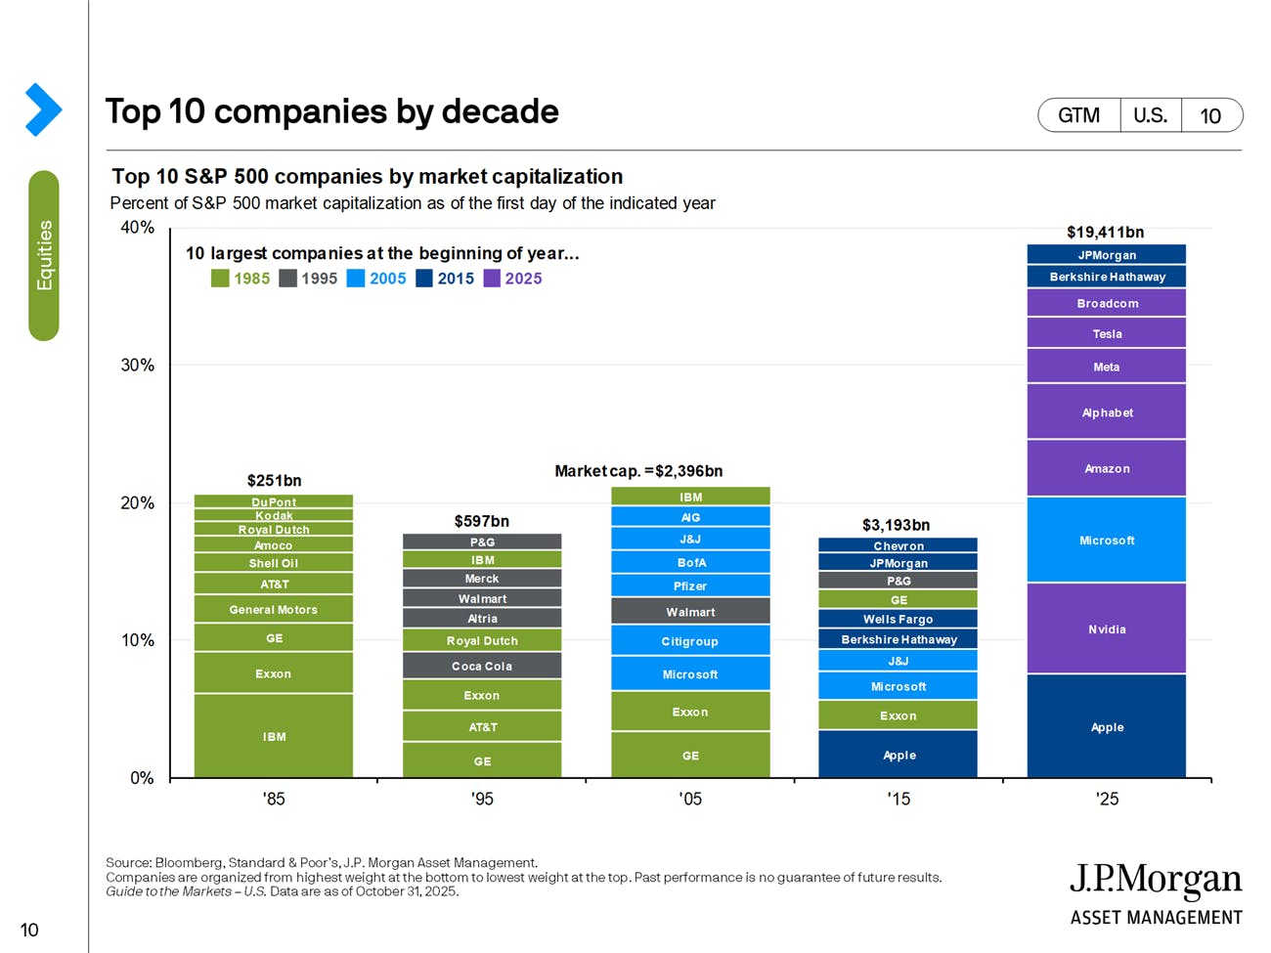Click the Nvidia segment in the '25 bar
coord(1106,628)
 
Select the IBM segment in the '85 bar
coord(274,736)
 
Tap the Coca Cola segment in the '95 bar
coord(482,666)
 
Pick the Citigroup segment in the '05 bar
coord(690,641)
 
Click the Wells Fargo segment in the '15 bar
coord(898,619)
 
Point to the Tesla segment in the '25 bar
coord(1106,333)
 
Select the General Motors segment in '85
coord(274,609)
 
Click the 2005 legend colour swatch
coord(356,279)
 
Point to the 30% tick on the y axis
coord(137,366)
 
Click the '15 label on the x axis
coord(898,799)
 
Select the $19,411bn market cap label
coord(1105,232)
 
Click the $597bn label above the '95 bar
coord(481,521)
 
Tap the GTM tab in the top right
coord(1078,115)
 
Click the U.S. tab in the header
coord(1150,115)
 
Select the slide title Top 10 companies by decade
coord(331,111)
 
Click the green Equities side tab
coord(44,255)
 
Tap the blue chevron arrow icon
coord(43,109)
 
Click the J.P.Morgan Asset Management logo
coord(1156,893)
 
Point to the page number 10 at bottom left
coord(29,930)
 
